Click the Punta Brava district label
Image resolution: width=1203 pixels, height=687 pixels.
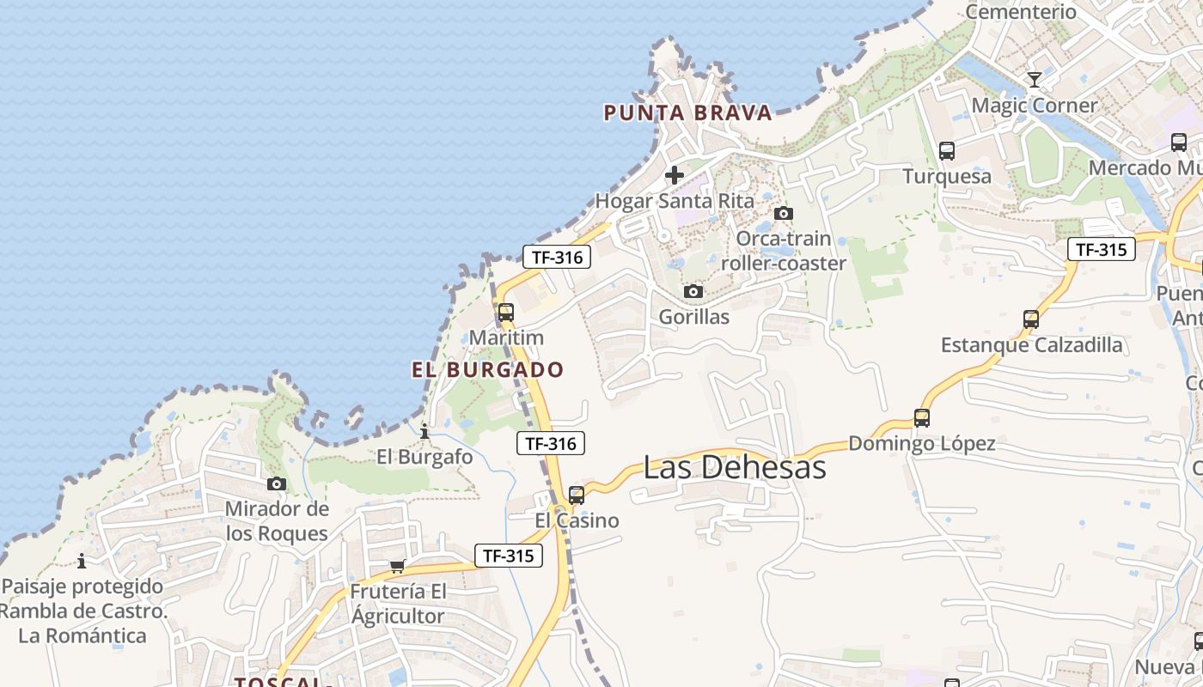click(687, 112)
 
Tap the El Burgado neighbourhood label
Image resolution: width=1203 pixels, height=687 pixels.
click(487, 370)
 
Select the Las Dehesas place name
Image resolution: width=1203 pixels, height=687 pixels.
click(735, 467)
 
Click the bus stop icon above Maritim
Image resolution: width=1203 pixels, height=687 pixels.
click(506, 313)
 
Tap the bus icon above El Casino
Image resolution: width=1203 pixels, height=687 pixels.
click(577, 495)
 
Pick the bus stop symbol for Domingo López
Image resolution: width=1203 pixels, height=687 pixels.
click(922, 418)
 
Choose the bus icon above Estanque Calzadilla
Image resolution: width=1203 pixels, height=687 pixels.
click(1031, 319)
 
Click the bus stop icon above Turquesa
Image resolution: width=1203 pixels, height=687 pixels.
click(947, 151)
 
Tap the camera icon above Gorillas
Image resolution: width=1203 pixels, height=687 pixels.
click(693, 292)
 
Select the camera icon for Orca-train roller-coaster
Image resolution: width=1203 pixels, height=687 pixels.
click(783, 213)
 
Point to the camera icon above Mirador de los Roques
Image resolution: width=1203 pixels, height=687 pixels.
click(277, 484)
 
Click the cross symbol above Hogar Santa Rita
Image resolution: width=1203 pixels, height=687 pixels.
click(675, 176)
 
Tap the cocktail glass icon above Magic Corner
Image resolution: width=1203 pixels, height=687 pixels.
click(1035, 80)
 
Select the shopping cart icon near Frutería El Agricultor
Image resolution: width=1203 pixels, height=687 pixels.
click(397, 566)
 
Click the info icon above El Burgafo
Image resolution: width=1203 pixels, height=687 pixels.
click(424, 431)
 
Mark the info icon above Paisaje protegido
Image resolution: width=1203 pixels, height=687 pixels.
click(82, 562)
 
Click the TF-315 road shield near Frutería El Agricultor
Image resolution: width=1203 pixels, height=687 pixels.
click(509, 556)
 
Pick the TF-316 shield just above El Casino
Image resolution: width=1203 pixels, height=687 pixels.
click(551, 443)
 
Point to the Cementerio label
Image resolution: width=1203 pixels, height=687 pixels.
click(1021, 12)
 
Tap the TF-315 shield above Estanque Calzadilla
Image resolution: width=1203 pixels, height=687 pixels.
click(1102, 249)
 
